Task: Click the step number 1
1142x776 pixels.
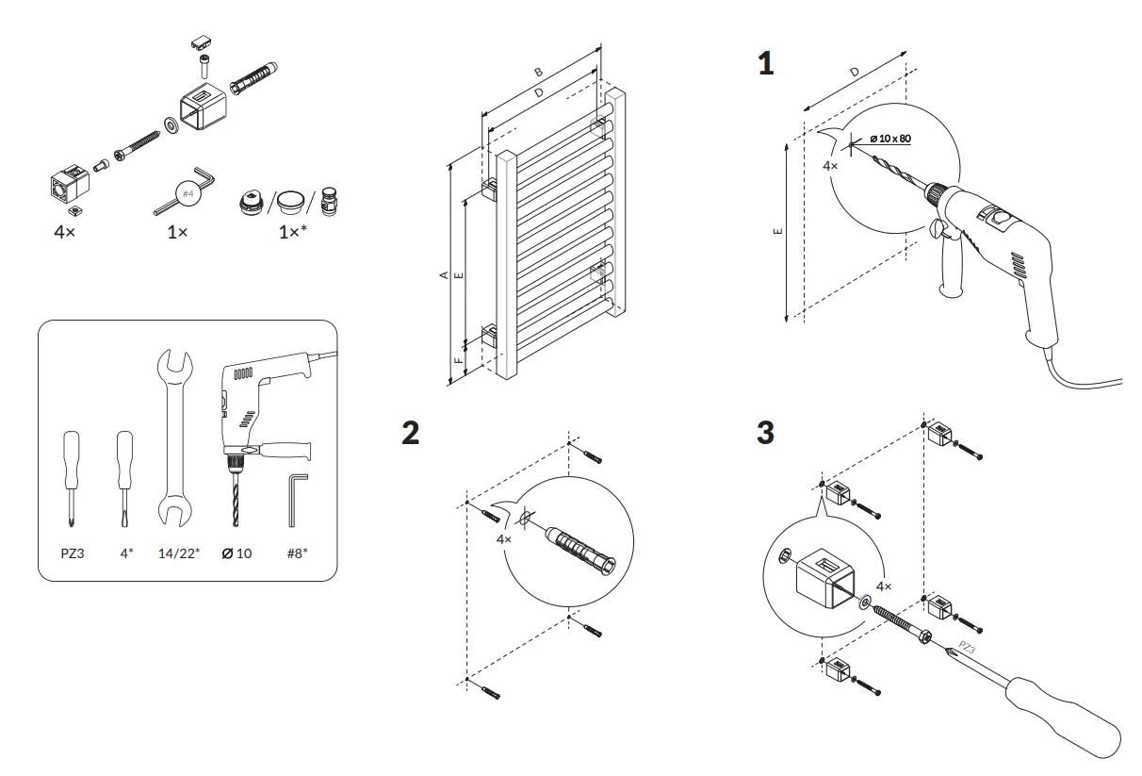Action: click(x=765, y=64)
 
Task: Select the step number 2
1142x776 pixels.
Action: click(x=410, y=434)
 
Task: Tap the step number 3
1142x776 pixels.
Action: click(x=766, y=434)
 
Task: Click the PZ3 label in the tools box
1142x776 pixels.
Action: click(x=73, y=553)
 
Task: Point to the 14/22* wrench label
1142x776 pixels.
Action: click(x=177, y=553)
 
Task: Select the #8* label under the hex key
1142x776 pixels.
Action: click(x=299, y=553)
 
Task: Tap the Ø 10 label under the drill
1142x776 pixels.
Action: click(x=237, y=553)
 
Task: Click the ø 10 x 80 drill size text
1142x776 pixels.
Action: click(x=889, y=139)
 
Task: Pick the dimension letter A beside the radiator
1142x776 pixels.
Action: click(x=443, y=274)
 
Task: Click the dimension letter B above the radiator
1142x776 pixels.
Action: click(x=538, y=72)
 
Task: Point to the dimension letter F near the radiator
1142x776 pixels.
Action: click(x=458, y=360)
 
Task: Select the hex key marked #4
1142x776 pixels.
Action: click(x=185, y=193)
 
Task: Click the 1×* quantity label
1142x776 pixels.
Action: click(x=291, y=231)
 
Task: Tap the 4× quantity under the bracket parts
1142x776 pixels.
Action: click(x=64, y=231)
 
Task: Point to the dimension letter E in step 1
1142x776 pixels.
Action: click(x=775, y=231)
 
